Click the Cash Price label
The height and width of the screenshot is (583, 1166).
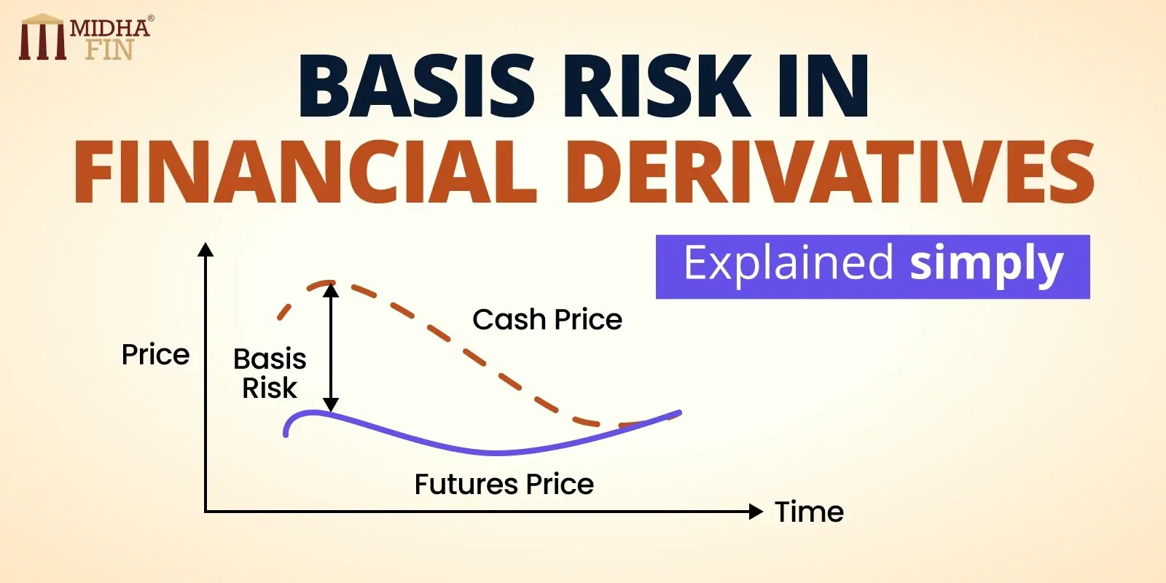click(547, 319)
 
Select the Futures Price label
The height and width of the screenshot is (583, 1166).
click(504, 484)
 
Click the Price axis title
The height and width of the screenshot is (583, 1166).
click(155, 355)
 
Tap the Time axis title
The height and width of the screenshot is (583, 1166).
click(809, 512)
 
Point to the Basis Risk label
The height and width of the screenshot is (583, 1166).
click(270, 373)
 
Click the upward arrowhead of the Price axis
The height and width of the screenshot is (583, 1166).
click(206, 250)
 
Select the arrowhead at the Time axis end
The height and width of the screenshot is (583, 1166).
click(756, 511)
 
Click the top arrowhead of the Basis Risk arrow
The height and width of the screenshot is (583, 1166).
click(331, 290)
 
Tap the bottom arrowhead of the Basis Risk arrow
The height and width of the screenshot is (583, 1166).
click(331, 404)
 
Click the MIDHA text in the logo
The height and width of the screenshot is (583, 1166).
click(109, 28)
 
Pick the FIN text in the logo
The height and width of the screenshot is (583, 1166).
click(109, 50)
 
